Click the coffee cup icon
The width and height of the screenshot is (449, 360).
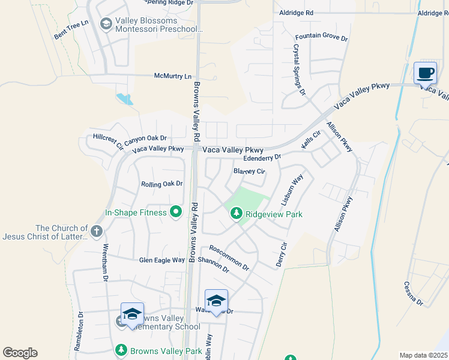point(425,73)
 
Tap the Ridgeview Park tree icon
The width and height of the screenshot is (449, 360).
point(237,213)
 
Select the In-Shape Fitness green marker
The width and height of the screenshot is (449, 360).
point(176,212)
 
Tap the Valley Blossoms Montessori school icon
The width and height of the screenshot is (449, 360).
point(106,23)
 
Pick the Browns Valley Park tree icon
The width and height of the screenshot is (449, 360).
point(121,350)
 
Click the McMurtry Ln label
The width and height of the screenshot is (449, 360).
point(173,76)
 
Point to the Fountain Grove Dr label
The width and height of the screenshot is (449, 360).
point(322,37)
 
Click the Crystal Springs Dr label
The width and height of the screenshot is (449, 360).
point(300,70)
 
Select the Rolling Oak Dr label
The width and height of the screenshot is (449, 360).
point(161,184)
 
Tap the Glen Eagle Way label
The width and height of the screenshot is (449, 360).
point(162,260)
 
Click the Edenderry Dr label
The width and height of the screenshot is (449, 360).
point(262,158)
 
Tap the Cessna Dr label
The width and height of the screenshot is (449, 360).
point(414,293)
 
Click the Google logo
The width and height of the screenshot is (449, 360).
point(20,353)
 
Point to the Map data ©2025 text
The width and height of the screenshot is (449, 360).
point(423,355)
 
